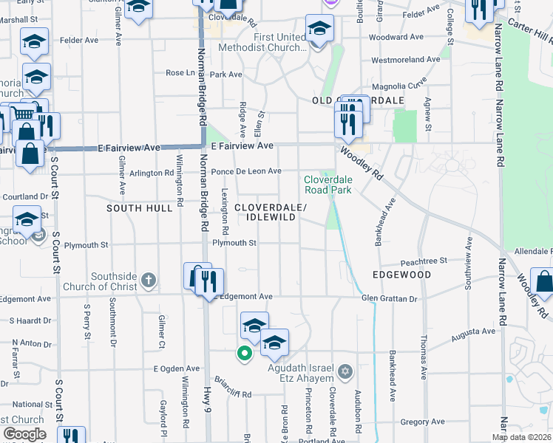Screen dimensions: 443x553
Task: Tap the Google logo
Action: (x=24, y=434)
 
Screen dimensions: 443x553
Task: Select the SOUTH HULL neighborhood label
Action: (x=140, y=208)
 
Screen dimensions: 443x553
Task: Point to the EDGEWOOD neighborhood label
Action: (x=403, y=275)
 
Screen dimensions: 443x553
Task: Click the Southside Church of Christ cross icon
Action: (x=149, y=280)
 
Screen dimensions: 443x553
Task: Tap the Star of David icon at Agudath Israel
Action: (x=345, y=370)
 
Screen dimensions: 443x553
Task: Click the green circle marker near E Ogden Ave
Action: (x=242, y=354)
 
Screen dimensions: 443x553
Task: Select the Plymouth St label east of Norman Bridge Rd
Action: (x=234, y=243)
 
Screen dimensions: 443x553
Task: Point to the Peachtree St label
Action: (x=424, y=261)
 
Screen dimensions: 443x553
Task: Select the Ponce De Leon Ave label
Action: (x=246, y=171)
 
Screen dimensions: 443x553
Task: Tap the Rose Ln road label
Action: (x=179, y=73)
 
